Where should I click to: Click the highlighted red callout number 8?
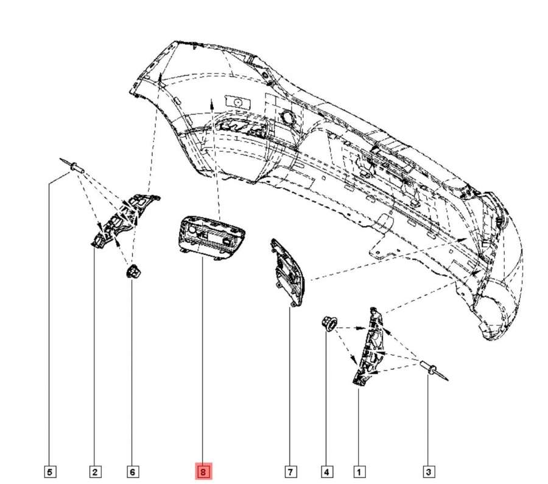tap(202, 471)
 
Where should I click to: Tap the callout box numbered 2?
tap(94, 471)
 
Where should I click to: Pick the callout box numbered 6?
tap(132, 471)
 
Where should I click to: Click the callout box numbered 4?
tap(327, 471)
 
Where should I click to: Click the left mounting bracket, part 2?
tap(119, 220)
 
